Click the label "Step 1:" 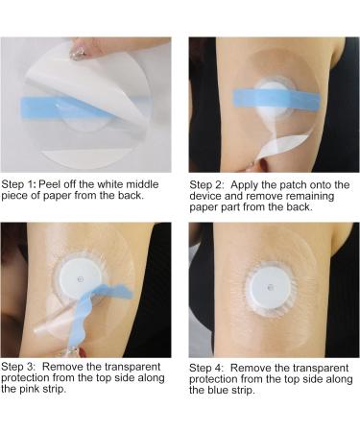pos(18,184)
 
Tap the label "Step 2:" pos(206,185)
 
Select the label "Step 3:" pos(18,367)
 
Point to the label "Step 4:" pos(206,368)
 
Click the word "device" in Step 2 pos(205,196)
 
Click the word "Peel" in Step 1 pos(50,184)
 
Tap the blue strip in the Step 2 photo pos(276,99)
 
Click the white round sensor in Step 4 pos(271,288)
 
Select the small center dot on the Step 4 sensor pos(271,288)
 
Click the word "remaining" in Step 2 pos(310,196)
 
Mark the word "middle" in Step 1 pos(142,184)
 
